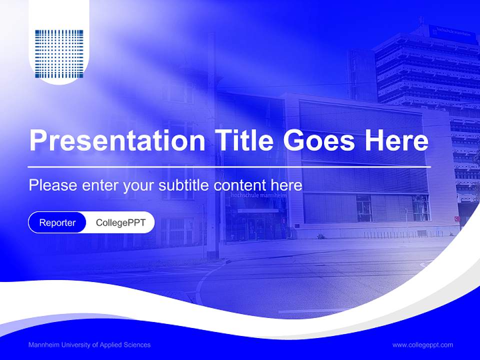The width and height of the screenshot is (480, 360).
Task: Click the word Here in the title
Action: [x=396, y=141]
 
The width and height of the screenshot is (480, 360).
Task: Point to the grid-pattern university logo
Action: [x=59, y=54]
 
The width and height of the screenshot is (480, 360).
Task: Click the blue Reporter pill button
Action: [x=57, y=222]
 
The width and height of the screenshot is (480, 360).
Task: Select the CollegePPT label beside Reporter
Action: [x=120, y=222]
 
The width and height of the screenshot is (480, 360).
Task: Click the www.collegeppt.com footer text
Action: [x=422, y=345]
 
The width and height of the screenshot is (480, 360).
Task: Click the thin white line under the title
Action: [x=229, y=166]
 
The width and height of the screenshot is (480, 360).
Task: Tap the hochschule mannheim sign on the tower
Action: [x=453, y=31]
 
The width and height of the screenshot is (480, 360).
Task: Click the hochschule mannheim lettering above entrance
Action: [x=258, y=195]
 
